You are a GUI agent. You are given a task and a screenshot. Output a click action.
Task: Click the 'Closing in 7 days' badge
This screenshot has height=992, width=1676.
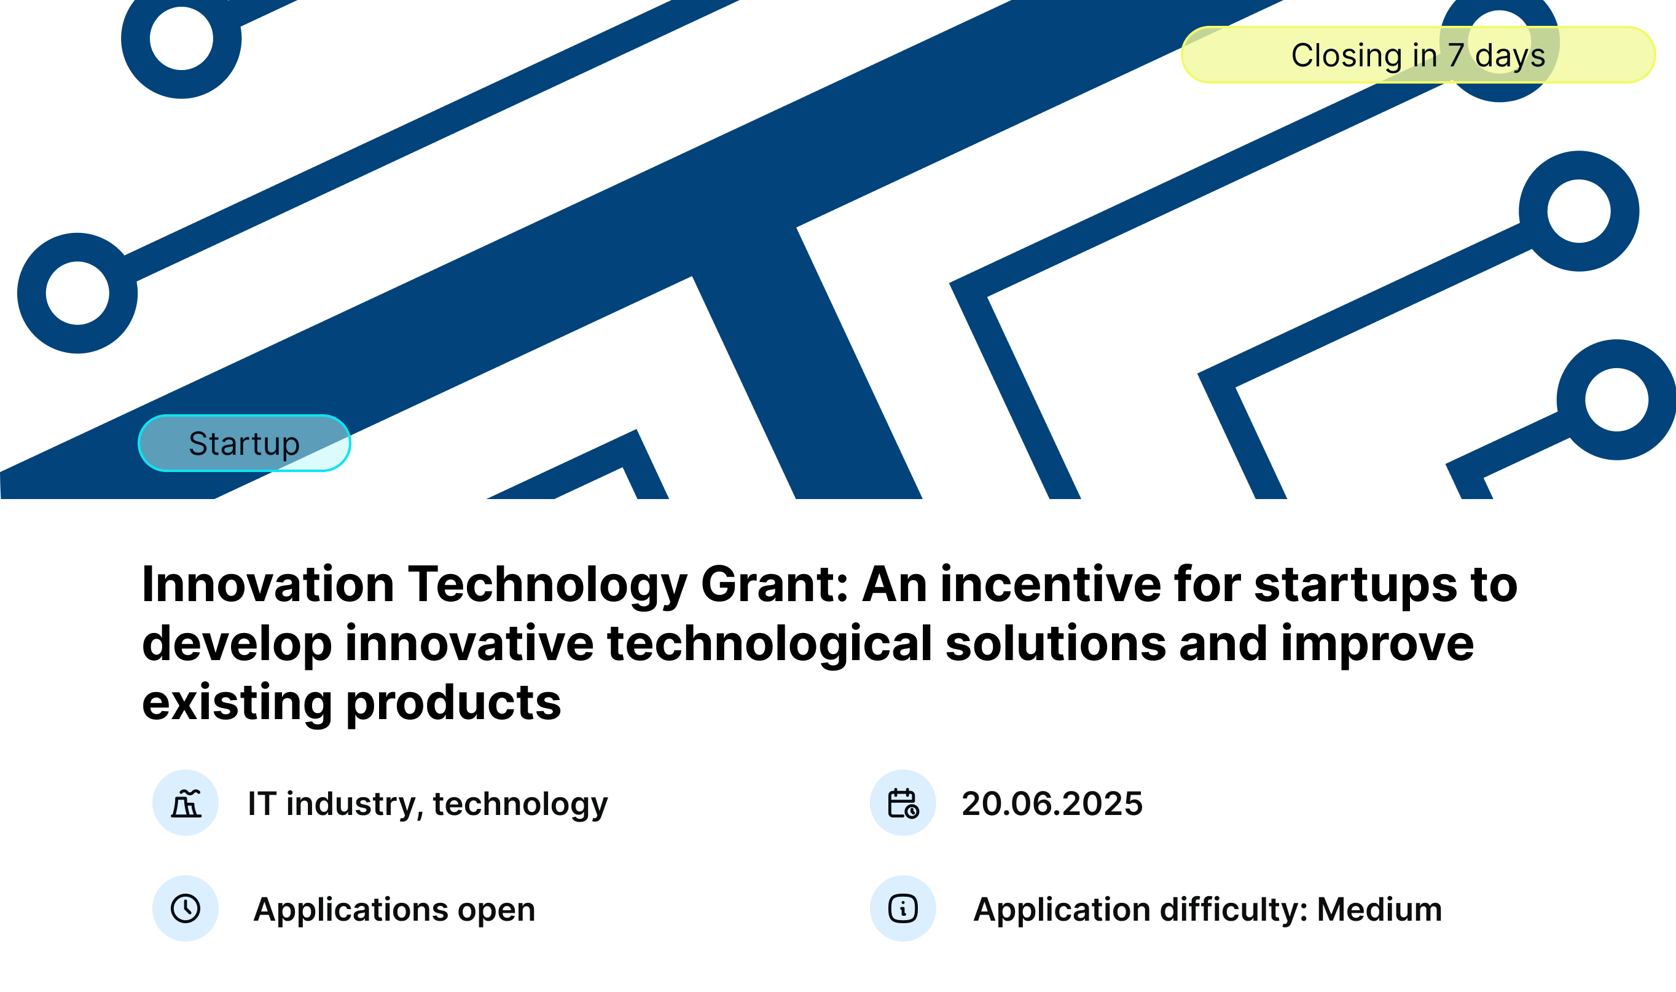[x=1417, y=55]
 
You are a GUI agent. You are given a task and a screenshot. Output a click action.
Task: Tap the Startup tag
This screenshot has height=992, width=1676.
[x=245, y=443]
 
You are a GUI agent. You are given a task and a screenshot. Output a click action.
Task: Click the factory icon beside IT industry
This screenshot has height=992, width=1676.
[x=186, y=803]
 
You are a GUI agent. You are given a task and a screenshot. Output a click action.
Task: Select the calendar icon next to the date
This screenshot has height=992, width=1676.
[x=903, y=803]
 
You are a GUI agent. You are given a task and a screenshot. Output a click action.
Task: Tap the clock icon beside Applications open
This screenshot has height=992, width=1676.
[x=186, y=908]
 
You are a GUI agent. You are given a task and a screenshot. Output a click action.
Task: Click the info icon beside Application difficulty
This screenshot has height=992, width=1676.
[x=903, y=908]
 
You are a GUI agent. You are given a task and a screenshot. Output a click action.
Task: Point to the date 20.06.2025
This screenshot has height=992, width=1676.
[x=1052, y=803]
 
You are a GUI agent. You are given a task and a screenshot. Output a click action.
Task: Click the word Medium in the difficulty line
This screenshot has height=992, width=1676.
[x=1379, y=909]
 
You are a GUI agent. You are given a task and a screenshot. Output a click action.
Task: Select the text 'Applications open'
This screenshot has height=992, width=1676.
[x=394, y=910]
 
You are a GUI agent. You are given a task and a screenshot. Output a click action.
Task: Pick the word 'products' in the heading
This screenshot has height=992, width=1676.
[x=453, y=703]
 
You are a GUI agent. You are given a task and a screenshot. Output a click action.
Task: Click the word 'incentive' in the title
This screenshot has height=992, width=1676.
[x=1051, y=585]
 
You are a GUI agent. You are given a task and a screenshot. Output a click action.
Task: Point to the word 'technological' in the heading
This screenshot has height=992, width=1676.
[x=770, y=643]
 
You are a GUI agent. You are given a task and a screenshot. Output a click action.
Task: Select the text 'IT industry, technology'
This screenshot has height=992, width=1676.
[x=428, y=803]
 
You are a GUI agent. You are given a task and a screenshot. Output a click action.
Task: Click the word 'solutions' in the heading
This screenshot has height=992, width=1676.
[x=1055, y=643]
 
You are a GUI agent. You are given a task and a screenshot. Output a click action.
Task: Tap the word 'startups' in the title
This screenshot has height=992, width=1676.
[x=1356, y=585]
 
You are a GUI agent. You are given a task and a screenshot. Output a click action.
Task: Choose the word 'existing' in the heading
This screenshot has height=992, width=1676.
[x=237, y=703]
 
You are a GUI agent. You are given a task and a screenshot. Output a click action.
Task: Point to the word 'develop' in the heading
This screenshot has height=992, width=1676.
[x=237, y=644]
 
